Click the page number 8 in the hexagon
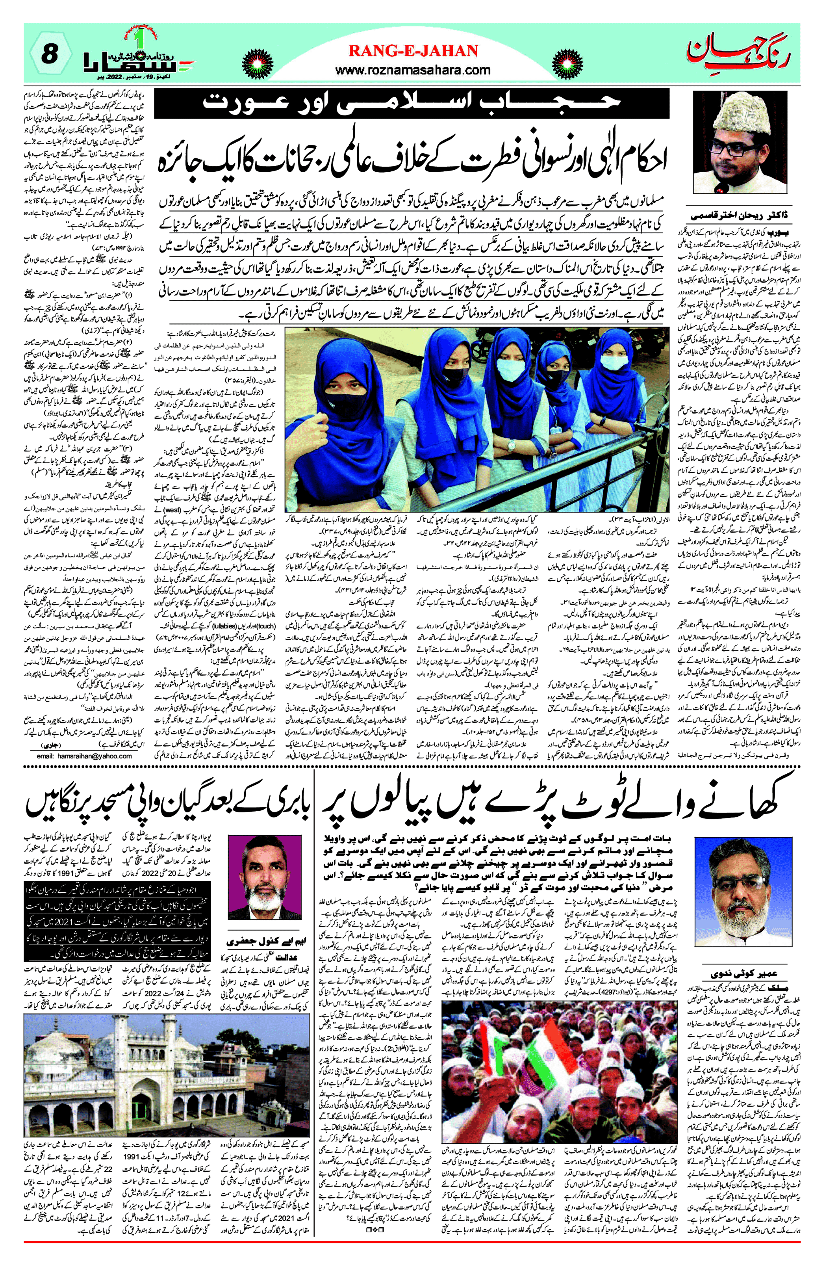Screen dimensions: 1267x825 pyautogui.click(x=48, y=54)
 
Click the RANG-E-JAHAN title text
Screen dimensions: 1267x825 pyautogui.click(x=413, y=50)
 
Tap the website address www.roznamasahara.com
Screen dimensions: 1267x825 pyautogui.click(x=413, y=70)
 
